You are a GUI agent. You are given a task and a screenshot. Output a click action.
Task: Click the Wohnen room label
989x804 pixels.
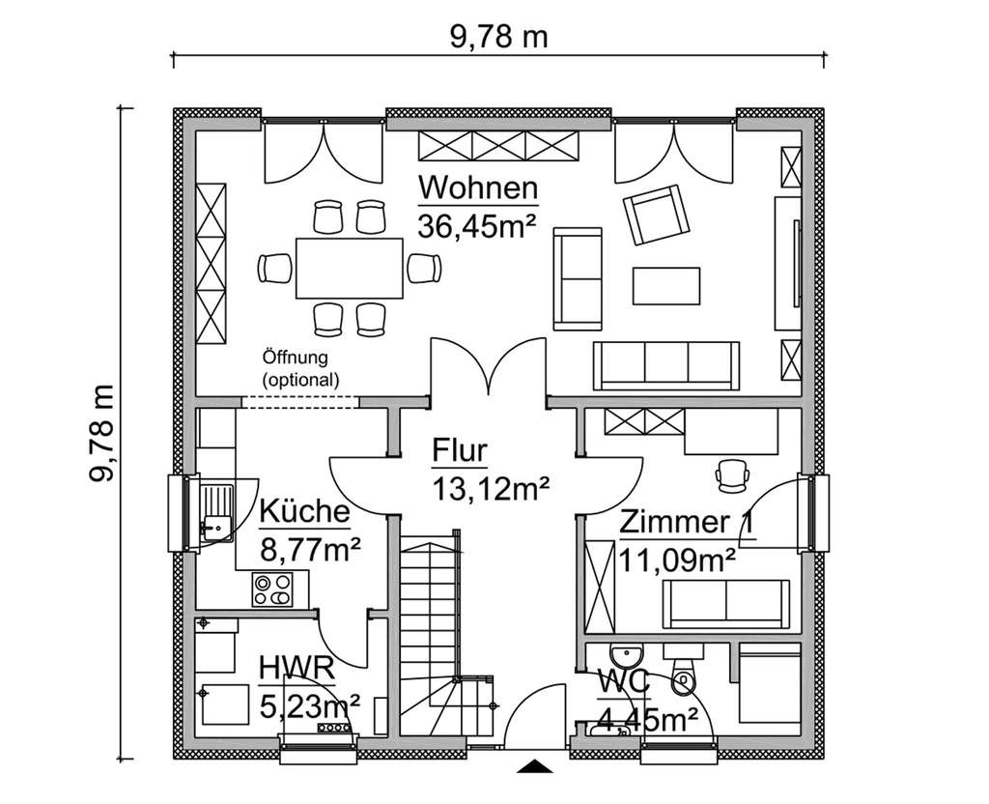(478, 187)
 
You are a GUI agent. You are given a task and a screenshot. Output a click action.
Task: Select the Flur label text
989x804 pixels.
(460, 451)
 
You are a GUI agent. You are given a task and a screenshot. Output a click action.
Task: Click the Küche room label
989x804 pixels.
(303, 512)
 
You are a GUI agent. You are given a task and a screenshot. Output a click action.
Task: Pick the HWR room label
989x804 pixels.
(297, 668)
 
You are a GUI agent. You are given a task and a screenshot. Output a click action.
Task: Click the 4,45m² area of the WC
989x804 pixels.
(650, 720)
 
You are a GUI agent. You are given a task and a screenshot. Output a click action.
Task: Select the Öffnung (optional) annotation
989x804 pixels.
(300, 369)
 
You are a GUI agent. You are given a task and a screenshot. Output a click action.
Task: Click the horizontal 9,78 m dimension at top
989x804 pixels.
(498, 37)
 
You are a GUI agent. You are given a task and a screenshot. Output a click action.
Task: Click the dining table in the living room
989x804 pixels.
(349, 268)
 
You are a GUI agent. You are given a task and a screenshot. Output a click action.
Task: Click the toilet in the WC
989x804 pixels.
(683, 680)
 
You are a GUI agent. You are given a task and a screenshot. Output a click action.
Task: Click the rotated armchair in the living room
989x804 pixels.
(658, 215)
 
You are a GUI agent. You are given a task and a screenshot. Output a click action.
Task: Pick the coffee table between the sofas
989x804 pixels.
(666, 286)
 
